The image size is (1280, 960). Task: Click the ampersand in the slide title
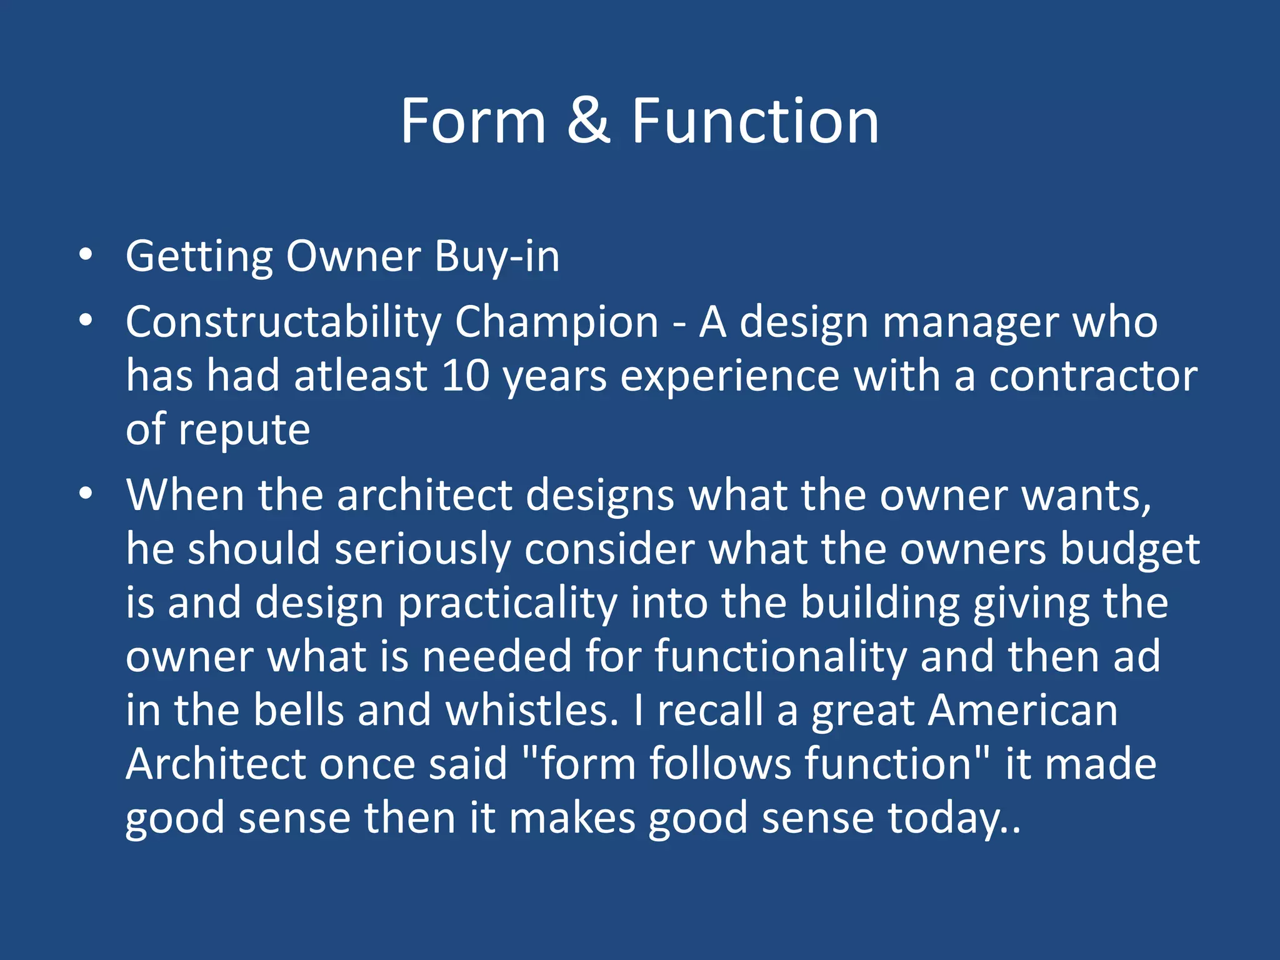pyautogui.click(x=588, y=121)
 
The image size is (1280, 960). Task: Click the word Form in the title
pyautogui.click(x=473, y=121)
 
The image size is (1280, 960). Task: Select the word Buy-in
pyautogui.click(x=497, y=257)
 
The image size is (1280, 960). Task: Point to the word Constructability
pyautogui.click(x=283, y=322)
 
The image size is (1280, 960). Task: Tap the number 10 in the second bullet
pyautogui.click(x=465, y=376)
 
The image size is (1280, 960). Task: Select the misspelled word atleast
pyautogui.click(x=361, y=376)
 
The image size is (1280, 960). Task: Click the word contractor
pyautogui.click(x=1093, y=376)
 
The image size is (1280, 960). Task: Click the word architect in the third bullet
pyautogui.click(x=425, y=496)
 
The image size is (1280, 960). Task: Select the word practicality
pyautogui.click(x=507, y=604)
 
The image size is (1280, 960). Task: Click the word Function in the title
pyautogui.click(x=755, y=121)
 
